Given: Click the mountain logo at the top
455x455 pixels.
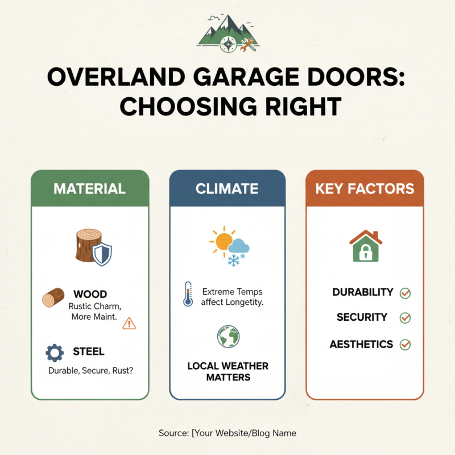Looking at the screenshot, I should point(228,34).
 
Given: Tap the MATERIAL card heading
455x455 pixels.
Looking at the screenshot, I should point(89,188).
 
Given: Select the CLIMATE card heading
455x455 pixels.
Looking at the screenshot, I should point(227,188).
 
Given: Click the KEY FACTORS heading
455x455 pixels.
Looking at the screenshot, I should point(365,188).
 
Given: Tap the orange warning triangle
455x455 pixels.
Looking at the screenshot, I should point(129,323).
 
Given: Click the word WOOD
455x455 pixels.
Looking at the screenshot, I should point(90,294).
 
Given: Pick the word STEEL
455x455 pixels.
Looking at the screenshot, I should point(89,351).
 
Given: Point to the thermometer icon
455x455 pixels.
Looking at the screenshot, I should point(188,294).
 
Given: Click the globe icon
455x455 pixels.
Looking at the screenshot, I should point(227,337).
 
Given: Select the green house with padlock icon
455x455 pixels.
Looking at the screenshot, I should point(365,246).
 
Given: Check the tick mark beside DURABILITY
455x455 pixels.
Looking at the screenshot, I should point(405,293).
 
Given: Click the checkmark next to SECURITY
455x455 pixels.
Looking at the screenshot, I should point(405,318).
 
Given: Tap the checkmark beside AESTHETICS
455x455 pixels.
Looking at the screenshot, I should point(405,344).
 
